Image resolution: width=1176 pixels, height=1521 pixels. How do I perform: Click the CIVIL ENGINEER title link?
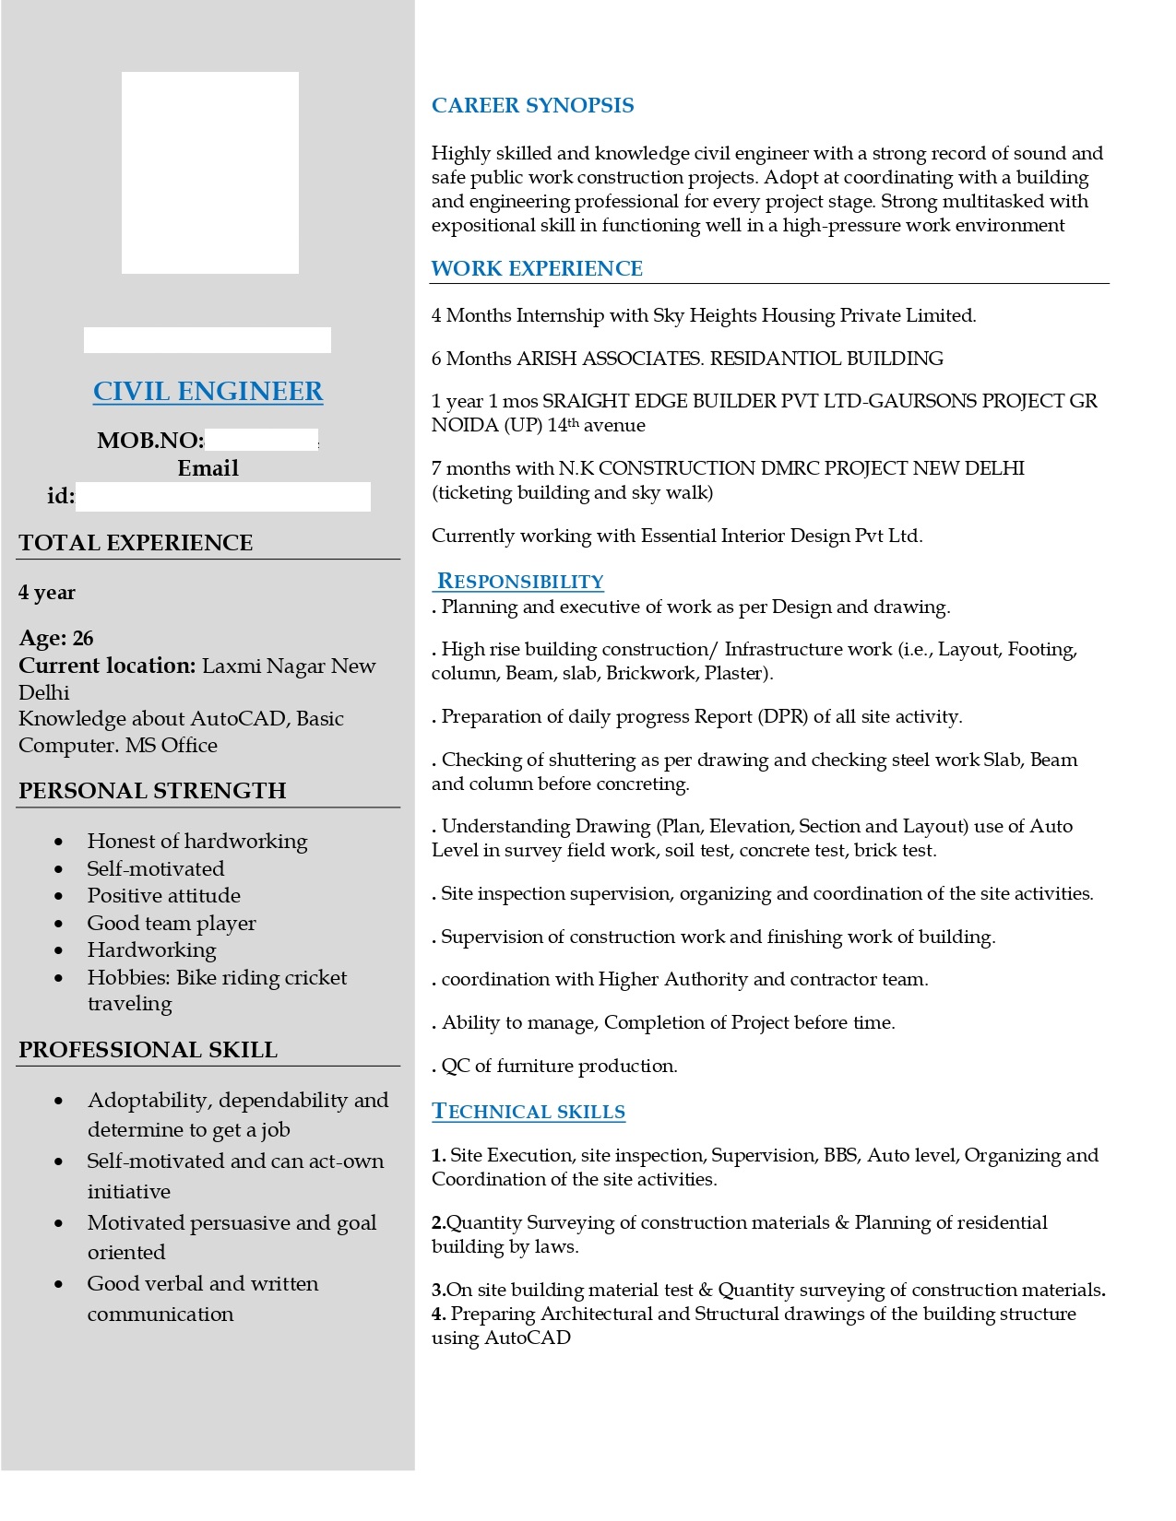click(208, 391)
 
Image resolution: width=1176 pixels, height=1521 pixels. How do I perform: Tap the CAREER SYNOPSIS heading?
click(532, 105)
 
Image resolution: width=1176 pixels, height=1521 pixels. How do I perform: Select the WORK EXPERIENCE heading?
click(537, 268)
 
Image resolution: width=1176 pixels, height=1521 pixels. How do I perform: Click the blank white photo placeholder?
click(210, 172)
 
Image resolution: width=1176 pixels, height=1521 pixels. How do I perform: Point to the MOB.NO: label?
click(150, 440)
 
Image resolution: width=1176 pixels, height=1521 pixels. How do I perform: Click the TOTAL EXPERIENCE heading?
click(136, 542)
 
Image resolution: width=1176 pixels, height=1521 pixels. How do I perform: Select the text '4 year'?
click(47, 592)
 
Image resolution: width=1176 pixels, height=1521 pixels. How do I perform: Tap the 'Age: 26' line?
click(56, 638)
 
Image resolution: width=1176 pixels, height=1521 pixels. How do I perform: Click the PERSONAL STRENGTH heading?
click(152, 790)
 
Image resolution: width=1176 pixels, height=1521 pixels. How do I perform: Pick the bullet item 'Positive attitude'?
click(163, 895)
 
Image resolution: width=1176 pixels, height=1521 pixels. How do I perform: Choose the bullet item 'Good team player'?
click(172, 923)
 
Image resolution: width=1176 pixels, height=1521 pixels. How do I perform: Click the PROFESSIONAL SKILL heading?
click(148, 1049)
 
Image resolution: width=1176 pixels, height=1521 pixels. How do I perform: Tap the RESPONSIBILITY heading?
click(520, 581)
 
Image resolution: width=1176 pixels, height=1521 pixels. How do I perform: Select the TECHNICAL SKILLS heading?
click(529, 1111)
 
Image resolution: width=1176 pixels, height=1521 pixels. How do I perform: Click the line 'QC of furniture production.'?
click(559, 1066)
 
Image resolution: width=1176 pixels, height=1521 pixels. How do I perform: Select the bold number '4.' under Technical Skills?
click(439, 1314)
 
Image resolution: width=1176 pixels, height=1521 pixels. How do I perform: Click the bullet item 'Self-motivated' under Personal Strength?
click(156, 868)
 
